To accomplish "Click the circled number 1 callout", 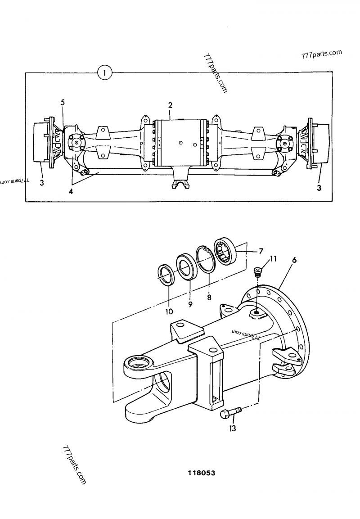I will click(105, 72).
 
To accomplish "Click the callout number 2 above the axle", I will click(170, 105).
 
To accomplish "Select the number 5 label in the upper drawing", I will click(63, 103).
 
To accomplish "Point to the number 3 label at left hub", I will click(41, 182).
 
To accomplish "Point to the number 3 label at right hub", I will click(319, 188).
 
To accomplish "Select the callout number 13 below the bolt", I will click(232, 429).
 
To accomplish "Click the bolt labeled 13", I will click(230, 412).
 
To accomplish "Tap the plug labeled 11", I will click(258, 271).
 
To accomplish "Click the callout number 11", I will click(273, 258).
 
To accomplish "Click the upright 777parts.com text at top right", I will click(322, 54).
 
